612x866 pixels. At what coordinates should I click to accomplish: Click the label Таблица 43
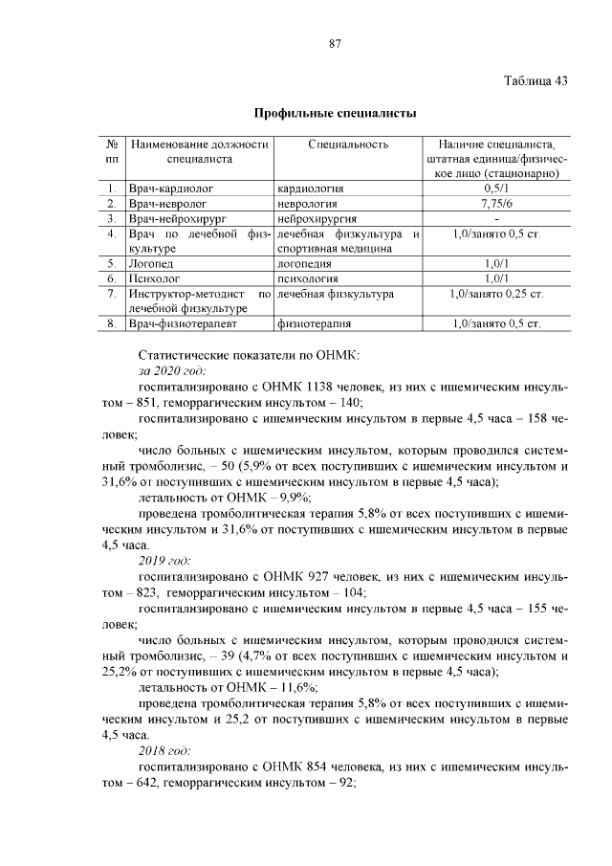point(535,79)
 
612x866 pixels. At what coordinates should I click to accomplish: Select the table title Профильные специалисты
point(335,114)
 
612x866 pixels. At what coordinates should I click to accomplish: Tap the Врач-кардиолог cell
point(172,189)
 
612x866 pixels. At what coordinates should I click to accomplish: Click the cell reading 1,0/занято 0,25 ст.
point(496,294)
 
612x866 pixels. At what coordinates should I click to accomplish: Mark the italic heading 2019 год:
point(164,560)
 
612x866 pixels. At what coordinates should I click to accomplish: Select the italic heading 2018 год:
point(164,749)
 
